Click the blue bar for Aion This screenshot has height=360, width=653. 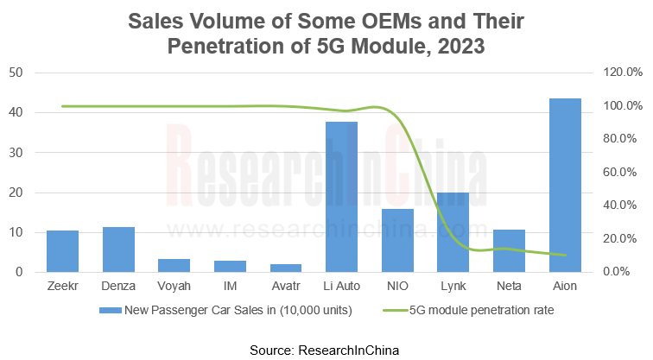pyautogui.click(x=565, y=186)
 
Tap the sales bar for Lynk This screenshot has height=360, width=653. pyautogui.click(x=453, y=232)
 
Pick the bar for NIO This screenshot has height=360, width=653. pyautogui.click(x=397, y=240)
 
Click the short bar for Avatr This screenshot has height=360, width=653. pyautogui.click(x=285, y=268)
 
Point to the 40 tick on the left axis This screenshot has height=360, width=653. pyautogui.click(x=16, y=112)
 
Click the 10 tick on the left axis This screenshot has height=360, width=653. pyautogui.click(x=16, y=232)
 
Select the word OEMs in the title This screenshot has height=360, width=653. pyautogui.click(x=352, y=20)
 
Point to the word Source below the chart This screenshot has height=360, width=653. pyautogui.click(x=271, y=349)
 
